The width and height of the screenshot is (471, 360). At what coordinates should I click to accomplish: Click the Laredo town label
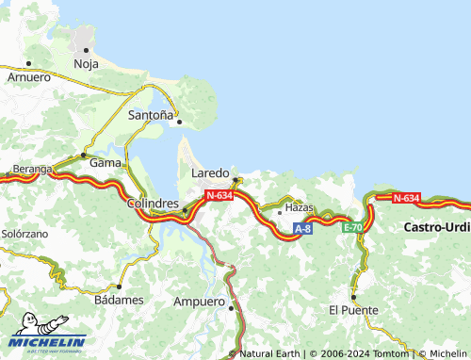pos(209,174)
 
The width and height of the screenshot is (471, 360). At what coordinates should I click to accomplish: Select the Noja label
pos(86,64)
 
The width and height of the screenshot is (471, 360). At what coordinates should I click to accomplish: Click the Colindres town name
pos(153,204)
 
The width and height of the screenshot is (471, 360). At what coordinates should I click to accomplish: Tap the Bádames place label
pos(120,300)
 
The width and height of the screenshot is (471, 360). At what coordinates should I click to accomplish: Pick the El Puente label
pos(353,310)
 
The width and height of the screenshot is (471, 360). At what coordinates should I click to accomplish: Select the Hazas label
pos(299,205)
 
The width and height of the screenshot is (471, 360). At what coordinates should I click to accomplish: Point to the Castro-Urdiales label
pos(437,227)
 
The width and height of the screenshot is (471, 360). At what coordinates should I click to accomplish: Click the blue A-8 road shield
pos(302,229)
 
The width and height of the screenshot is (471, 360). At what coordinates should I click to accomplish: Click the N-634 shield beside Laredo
pos(219,195)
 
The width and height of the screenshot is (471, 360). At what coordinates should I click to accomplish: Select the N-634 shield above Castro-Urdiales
pos(405,198)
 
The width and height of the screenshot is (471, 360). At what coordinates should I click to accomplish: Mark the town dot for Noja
pos(86,49)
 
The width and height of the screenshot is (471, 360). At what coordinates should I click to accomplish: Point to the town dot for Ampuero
pos(230,303)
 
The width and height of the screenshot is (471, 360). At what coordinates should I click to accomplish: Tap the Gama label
pos(105,162)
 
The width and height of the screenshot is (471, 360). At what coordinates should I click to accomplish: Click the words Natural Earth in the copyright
pos(270,353)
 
